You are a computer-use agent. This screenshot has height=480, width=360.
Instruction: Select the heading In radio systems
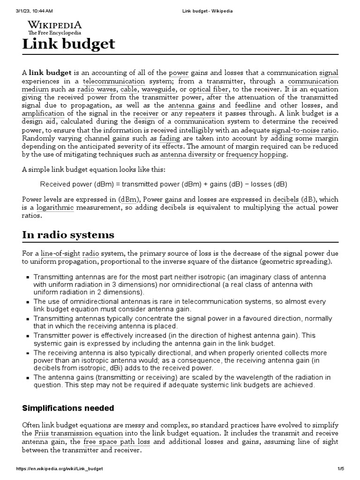pos(68,235)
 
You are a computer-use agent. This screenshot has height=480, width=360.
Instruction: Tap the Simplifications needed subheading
pos(68,408)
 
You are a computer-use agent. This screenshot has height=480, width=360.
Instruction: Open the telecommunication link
pos(131,81)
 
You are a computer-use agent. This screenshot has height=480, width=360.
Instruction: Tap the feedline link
pos(249,105)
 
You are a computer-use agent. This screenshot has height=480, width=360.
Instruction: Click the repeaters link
pos(200,113)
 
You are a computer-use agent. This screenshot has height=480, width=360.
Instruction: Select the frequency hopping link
pos(256,155)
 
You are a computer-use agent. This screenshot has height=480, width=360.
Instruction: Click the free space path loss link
pos(124,442)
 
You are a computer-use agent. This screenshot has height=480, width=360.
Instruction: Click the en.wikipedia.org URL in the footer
pos(60,469)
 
